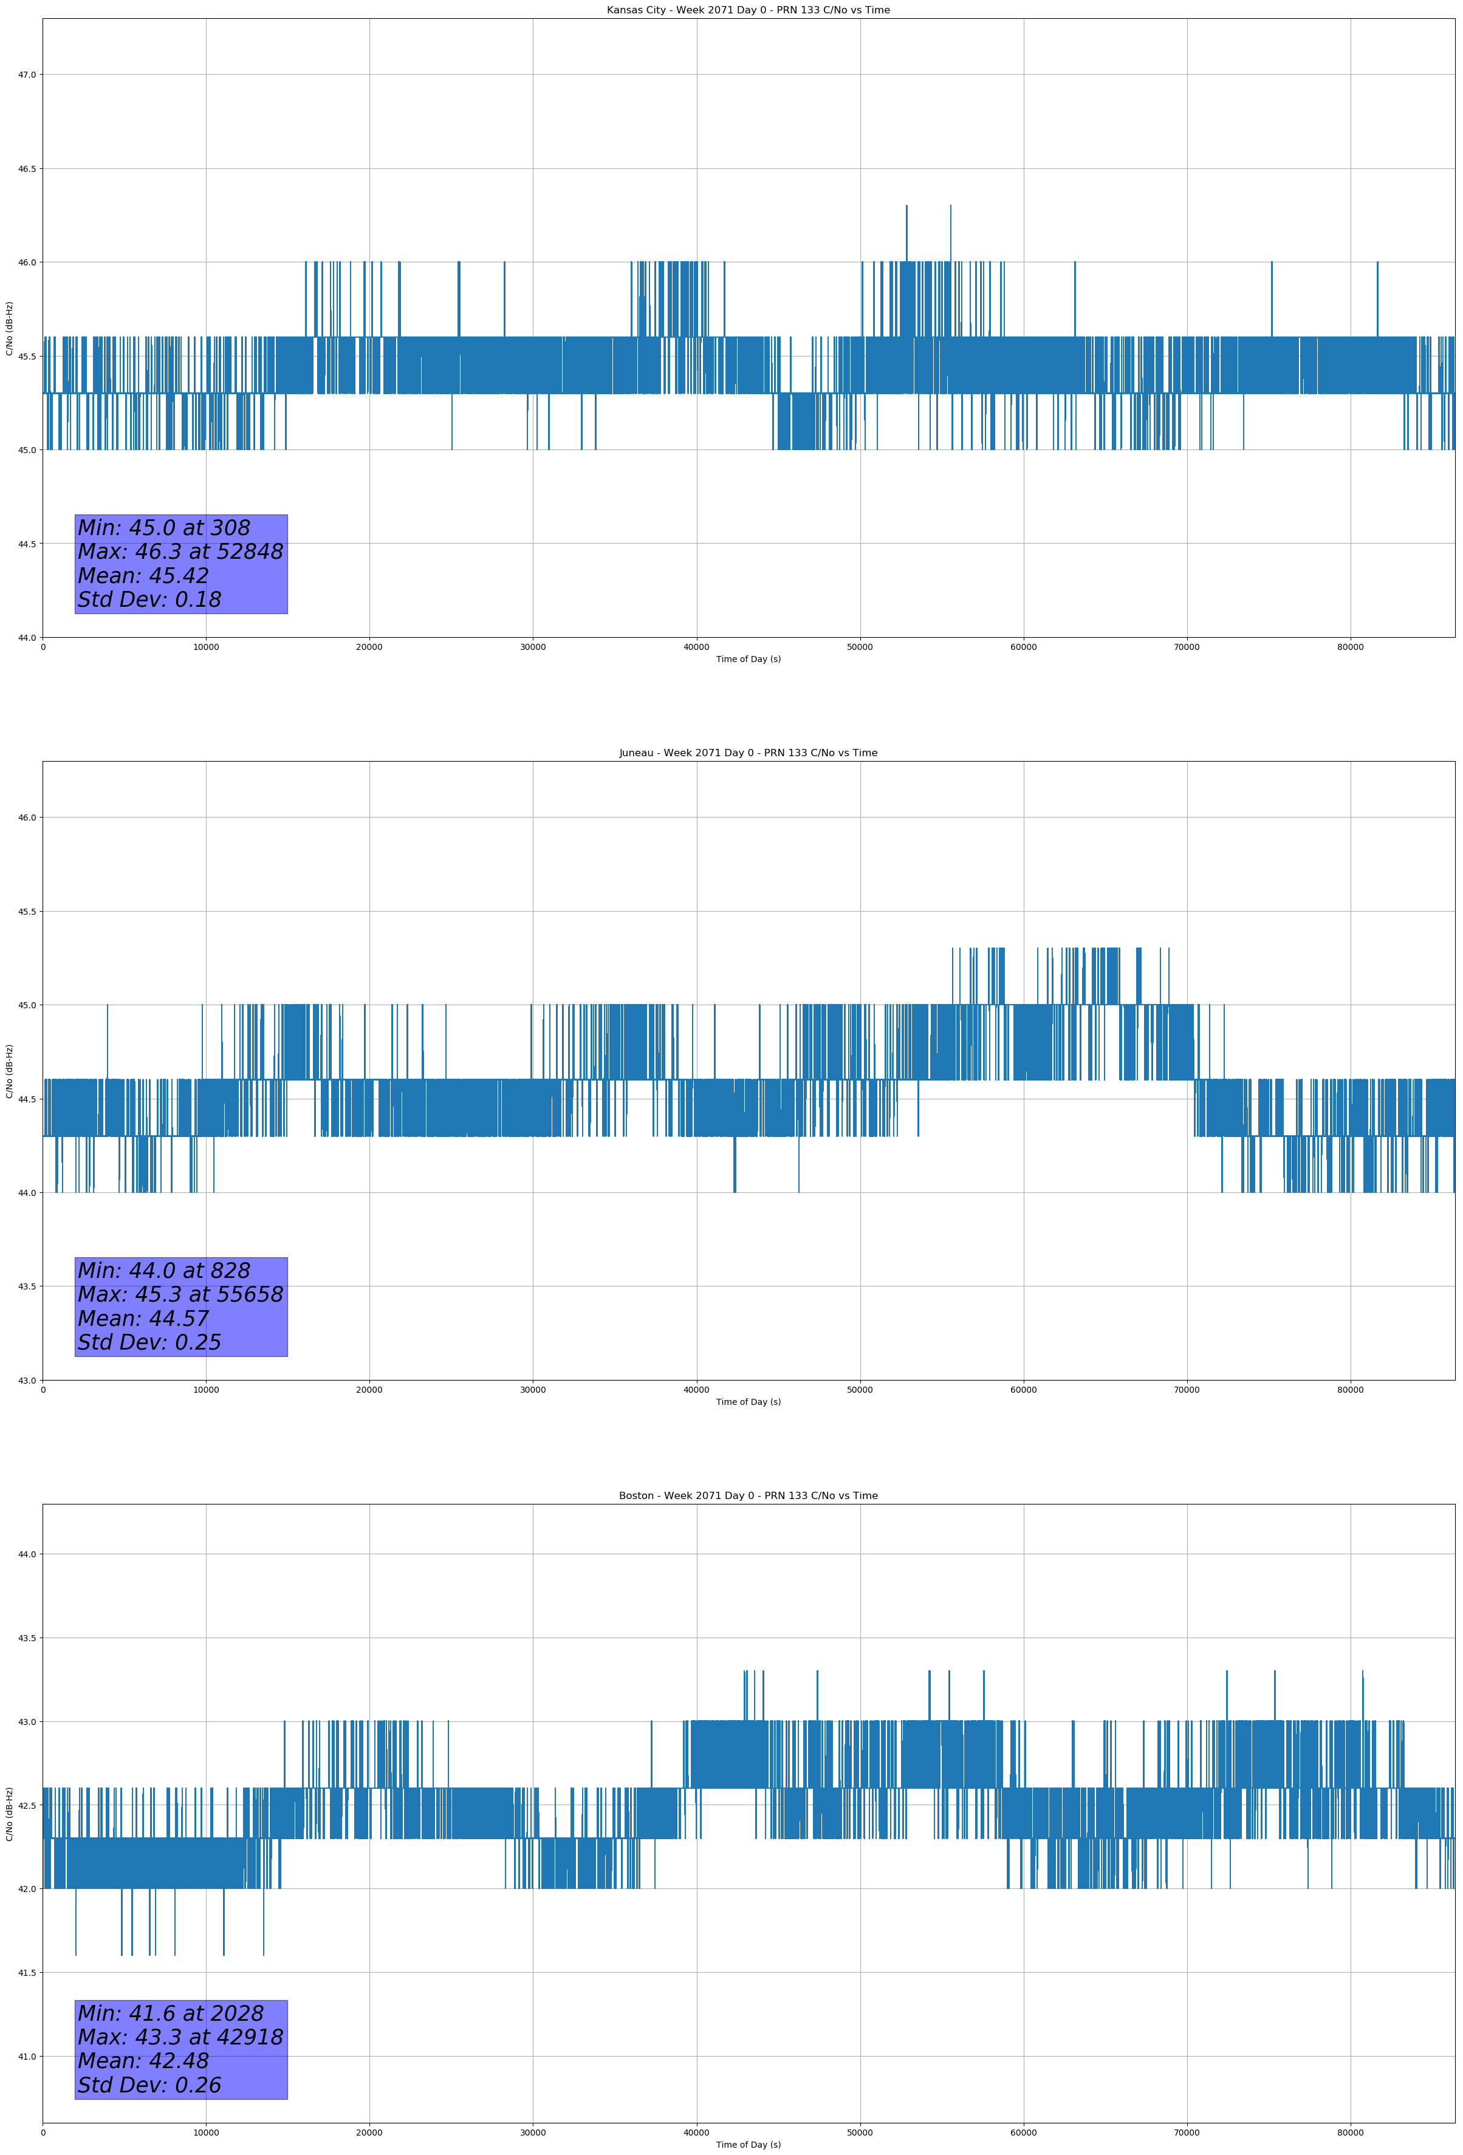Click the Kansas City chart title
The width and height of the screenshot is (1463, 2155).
click(x=748, y=10)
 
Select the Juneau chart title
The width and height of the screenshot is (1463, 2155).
click(x=748, y=753)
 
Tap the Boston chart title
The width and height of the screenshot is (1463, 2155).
click(x=748, y=1496)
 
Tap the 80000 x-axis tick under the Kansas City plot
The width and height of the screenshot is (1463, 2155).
click(x=1350, y=647)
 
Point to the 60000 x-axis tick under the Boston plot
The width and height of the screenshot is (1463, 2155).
click(x=1023, y=2133)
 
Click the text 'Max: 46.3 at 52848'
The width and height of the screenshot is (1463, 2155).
click(x=180, y=552)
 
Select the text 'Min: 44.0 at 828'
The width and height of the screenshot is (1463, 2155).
click(x=163, y=1271)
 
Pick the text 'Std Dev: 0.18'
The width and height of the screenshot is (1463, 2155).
click(x=149, y=600)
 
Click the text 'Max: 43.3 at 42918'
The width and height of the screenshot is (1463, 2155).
click(x=180, y=2037)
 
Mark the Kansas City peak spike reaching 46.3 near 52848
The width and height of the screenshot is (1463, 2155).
click(x=906, y=208)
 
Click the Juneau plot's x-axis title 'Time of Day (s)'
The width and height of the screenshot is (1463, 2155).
click(x=748, y=1402)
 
